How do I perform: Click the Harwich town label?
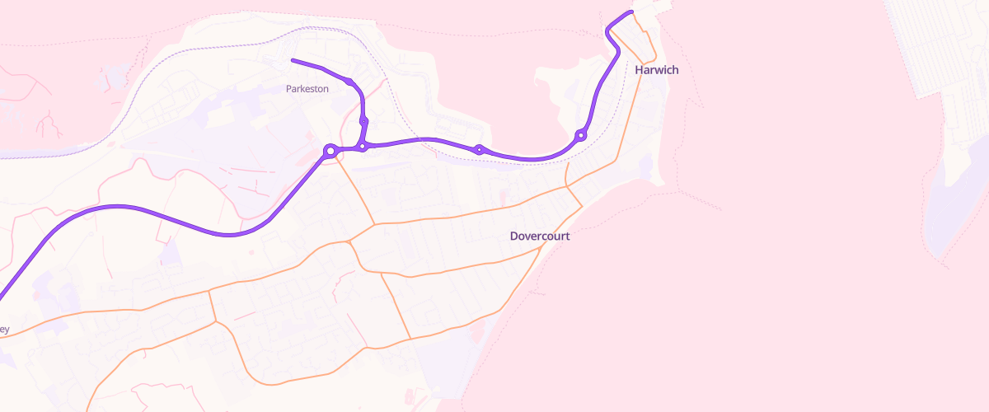[657, 70]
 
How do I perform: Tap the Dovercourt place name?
[540, 236]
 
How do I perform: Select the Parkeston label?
[307, 88]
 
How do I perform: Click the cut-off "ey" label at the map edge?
[4, 330]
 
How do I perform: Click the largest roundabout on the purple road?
[330, 151]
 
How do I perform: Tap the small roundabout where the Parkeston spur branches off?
[362, 147]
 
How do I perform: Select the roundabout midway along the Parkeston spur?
[363, 121]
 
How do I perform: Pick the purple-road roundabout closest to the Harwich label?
[581, 134]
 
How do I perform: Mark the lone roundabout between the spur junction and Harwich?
[479, 149]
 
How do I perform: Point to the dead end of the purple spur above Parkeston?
[293, 60]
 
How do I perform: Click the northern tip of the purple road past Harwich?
[631, 12]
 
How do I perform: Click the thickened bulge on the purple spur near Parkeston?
[351, 82]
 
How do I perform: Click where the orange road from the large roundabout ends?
[375, 223]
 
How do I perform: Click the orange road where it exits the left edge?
[2, 336]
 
